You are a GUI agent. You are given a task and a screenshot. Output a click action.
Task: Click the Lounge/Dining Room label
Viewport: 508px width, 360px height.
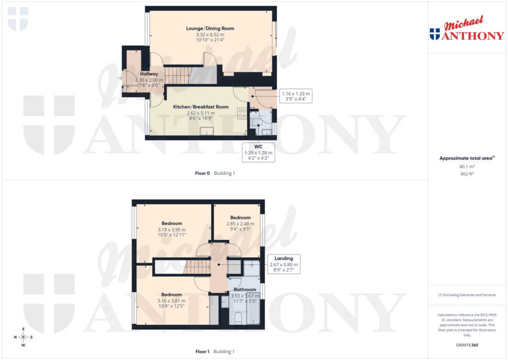210,28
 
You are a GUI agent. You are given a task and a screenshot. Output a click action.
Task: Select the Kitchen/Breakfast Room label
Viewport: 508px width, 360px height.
200,107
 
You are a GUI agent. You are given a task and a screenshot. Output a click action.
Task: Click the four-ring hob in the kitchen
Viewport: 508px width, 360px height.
243,113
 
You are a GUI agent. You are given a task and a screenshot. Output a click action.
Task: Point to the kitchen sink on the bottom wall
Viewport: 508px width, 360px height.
206,131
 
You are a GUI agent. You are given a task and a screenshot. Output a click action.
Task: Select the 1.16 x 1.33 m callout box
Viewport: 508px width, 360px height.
296,96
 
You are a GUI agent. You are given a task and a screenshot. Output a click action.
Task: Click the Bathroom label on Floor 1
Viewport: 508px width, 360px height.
245,289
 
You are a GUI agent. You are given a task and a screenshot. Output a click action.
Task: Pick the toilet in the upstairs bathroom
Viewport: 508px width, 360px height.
238,318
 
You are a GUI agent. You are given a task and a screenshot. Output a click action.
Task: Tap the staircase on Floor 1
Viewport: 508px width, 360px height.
197,267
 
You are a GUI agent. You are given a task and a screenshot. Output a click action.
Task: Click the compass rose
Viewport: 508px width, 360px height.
23,337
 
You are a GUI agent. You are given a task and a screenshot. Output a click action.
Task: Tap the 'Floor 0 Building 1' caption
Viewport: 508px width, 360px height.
215,173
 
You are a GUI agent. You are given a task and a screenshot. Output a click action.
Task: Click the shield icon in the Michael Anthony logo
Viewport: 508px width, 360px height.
435,34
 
